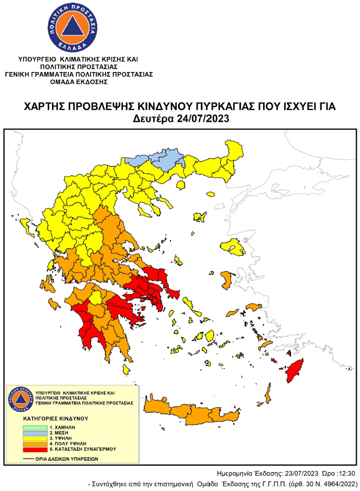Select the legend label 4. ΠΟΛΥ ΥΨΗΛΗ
tap(69, 444)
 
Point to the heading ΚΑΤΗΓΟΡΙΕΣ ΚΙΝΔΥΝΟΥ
tap(56, 418)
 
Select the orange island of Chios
tap(227, 280)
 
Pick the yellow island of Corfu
tap(24, 226)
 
